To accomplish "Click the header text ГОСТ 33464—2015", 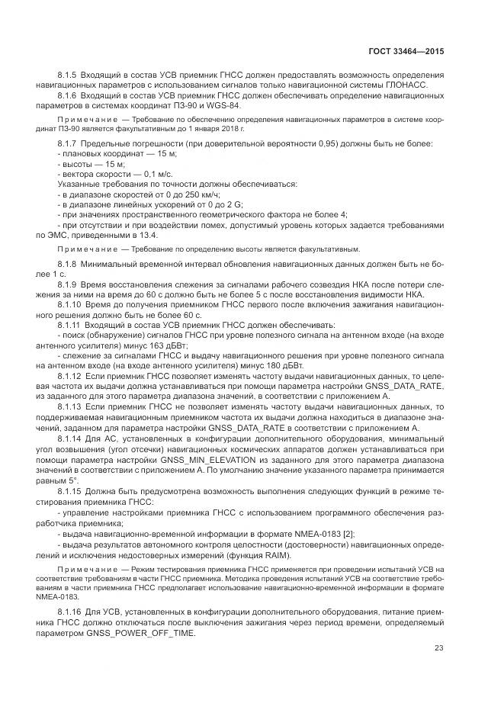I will click(x=405, y=52).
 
